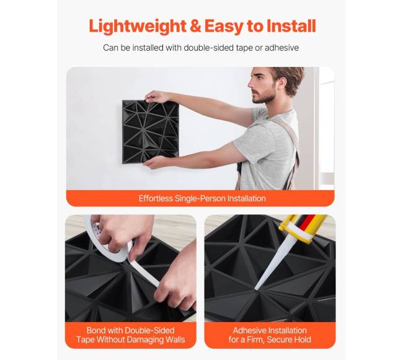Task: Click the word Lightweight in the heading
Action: pos(138,27)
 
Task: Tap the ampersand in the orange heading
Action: pos(195,25)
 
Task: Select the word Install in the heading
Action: pos(291,25)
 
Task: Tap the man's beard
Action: pos(265,95)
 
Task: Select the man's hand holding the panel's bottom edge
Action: pos(153,162)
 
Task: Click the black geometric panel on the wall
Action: pos(151,131)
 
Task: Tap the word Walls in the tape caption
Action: pos(175,340)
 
